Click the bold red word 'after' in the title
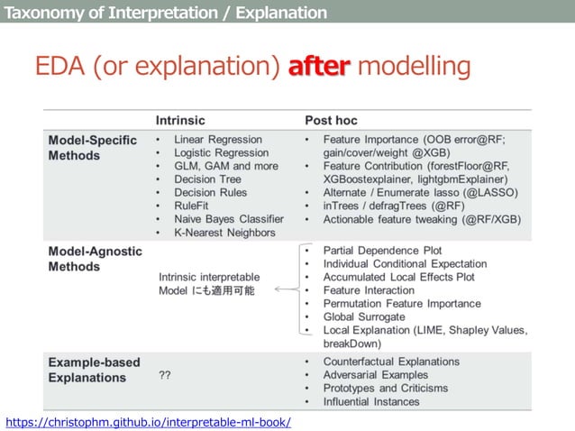[317, 67]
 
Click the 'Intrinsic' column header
[180, 120]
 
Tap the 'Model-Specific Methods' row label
[92, 147]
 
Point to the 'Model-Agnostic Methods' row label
[93, 259]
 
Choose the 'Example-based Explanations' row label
[94, 370]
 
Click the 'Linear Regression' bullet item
[218, 140]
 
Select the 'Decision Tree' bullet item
[207, 179]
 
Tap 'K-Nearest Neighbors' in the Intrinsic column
[225, 233]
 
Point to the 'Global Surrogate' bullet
[364, 316]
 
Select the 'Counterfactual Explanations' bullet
[391, 361]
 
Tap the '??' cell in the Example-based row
[165, 374]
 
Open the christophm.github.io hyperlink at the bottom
[148, 421]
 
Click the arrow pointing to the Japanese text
[286, 290]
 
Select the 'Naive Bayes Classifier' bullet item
[229, 219]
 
